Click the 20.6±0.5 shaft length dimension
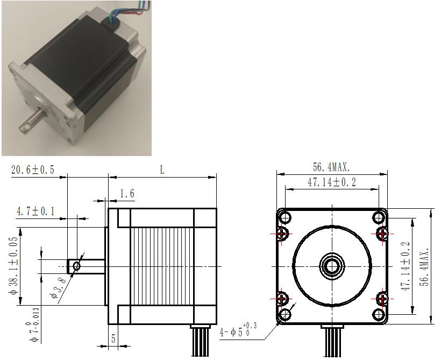pos(33,170)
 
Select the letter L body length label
pos(162,170)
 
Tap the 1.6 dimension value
pos(127,194)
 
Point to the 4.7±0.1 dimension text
pos(35,211)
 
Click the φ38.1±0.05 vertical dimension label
pos(13,266)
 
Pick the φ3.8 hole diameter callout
pos(58,287)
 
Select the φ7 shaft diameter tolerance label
pos(34,325)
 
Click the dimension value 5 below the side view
pos(113,338)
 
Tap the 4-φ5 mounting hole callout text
pos(238,330)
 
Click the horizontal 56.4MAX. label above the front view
pos(331,167)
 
